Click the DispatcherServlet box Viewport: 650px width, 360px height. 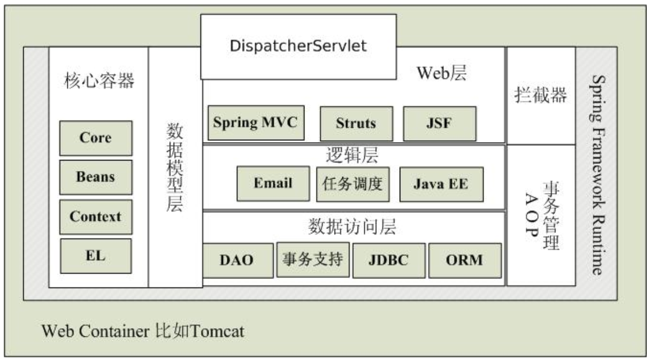(298, 46)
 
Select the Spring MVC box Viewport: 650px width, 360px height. (255, 122)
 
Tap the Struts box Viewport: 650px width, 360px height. (356, 123)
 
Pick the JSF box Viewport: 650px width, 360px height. (439, 123)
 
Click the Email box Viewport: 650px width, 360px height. (273, 184)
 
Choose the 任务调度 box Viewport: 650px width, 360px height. (353, 184)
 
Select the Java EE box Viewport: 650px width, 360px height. (441, 184)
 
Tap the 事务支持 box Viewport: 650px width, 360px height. (313, 259)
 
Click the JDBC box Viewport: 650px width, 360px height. (388, 260)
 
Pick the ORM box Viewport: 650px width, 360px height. (464, 260)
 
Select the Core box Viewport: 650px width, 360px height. (95, 138)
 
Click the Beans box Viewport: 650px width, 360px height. (95, 177)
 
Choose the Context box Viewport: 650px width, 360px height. (95, 216)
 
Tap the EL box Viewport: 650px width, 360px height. (95, 255)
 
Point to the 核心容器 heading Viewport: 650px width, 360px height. (99, 82)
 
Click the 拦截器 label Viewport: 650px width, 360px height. (540, 95)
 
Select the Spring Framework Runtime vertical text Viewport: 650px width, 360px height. (597, 175)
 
